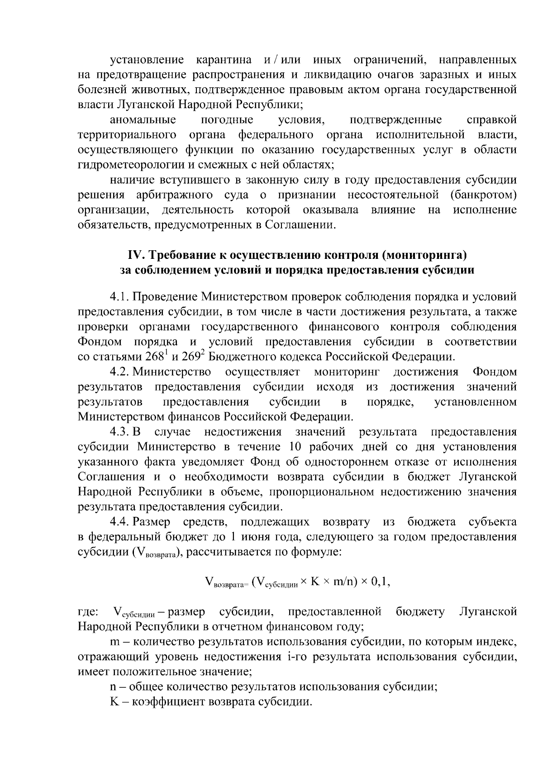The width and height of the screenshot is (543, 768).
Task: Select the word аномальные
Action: [x=143, y=120]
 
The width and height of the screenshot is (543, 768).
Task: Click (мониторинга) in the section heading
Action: [x=424, y=255]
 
